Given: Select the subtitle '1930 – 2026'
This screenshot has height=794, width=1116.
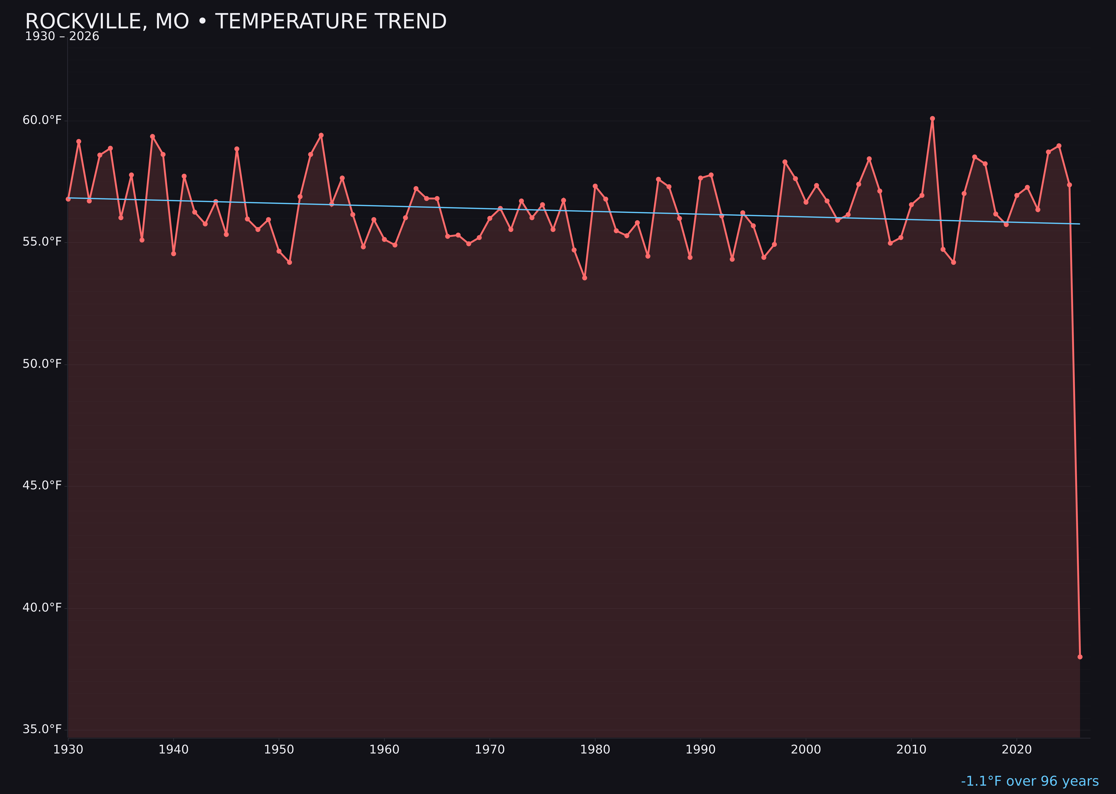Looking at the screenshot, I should point(62,37).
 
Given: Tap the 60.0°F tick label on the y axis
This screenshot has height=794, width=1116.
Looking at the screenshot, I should point(42,120).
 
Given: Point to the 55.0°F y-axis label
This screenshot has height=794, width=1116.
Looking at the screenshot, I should point(42,242).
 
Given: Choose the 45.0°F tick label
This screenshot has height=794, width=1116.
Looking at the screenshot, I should point(42,486).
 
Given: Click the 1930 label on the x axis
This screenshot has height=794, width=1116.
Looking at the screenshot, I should point(68,750).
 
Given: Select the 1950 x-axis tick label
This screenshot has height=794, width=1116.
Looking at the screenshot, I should point(279,750).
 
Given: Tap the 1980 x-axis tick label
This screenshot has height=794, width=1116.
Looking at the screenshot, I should point(595,750).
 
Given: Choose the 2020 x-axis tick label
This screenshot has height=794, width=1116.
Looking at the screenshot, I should point(1017,750).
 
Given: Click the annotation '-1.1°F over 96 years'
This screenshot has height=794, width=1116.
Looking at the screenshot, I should point(1030,781).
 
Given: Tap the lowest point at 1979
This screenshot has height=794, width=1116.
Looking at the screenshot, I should point(585,278).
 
